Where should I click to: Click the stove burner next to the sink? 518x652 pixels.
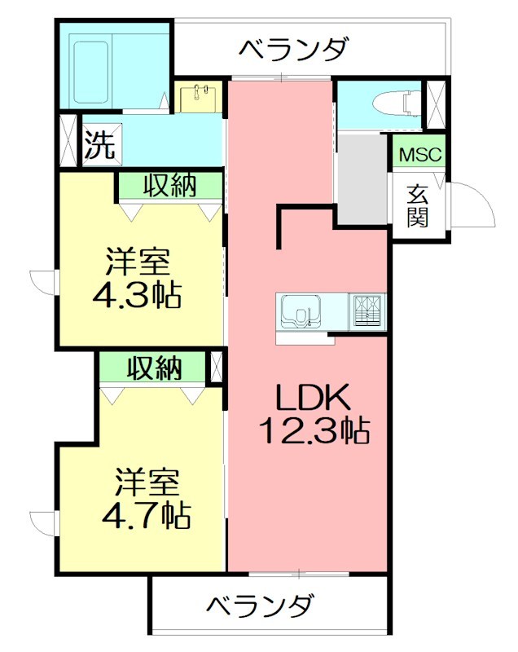click(x=367, y=311)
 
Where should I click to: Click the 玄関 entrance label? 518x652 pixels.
click(x=419, y=205)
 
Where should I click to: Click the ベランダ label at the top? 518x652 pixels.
click(x=294, y=50)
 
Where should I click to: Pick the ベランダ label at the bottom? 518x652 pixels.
click(x=259, y=608)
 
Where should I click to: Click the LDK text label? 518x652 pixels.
click(x=313, y=397)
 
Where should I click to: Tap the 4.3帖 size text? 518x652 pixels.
click(x=137, y=293)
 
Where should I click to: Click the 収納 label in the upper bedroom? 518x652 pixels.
click(x=170, y=186)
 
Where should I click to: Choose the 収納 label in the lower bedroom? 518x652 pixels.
click(x=154, y=368)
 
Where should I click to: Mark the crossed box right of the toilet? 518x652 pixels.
click(x=437, y=104)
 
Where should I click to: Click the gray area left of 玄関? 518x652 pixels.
click(x=362, y=179)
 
